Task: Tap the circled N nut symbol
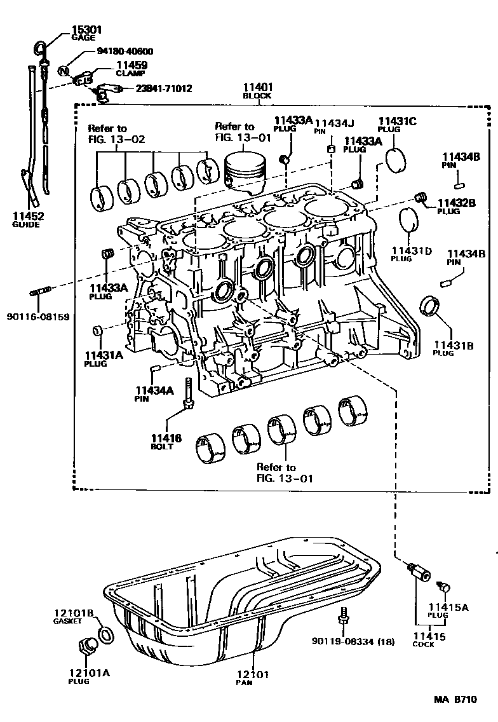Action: point(64,71)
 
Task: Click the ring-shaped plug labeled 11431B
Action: point(430,305)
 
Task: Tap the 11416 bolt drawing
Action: point(189,396)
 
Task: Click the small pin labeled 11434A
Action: point(154,369)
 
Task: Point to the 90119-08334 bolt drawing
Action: point(343,616)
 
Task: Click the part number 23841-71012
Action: point(163,89)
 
